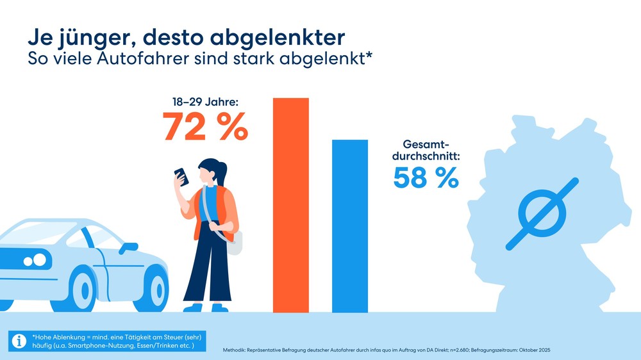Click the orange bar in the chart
[x=291, y=205]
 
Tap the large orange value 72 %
[x=204, y=126]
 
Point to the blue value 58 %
[x=426, y=178]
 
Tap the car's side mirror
[x=128, y=247]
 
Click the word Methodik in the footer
[x=235, y=350]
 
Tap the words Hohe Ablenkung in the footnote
[x=56, y=337]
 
